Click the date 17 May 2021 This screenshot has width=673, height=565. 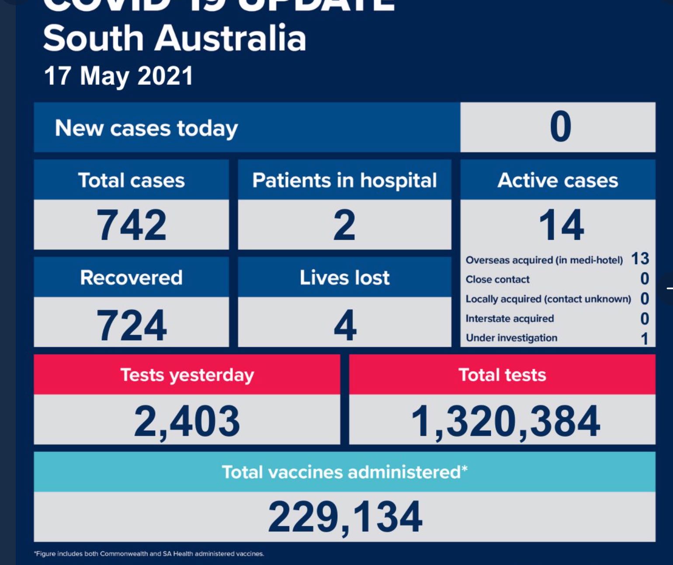coord(118,76)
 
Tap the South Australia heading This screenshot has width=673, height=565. coord(174,38)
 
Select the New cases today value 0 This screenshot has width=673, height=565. coord(560,127)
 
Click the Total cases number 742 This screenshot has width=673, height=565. coord(132,225)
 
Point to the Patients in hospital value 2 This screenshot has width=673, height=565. coord(344,225)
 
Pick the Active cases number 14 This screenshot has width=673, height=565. coord(561,225)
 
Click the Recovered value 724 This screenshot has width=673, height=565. coord(132,325)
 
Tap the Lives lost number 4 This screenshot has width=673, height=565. coord(345,325)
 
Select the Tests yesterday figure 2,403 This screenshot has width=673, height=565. coord(187,421)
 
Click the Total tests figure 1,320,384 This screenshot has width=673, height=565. coord(506,421)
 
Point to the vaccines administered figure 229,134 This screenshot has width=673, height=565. coord(345,517)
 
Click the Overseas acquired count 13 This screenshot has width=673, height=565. coord(640,259)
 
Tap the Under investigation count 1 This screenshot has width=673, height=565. coord(644,338)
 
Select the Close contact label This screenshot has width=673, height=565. coord(497,279)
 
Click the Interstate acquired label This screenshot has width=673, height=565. coord(510,318)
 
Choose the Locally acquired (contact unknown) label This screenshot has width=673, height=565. coord(548,299)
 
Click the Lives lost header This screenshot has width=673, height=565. coord(344,278)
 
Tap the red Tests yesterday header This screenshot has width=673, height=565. coord(187,375)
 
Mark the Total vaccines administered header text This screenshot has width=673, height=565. coord(344,472)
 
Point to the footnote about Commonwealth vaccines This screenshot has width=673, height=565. coord(149,554)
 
